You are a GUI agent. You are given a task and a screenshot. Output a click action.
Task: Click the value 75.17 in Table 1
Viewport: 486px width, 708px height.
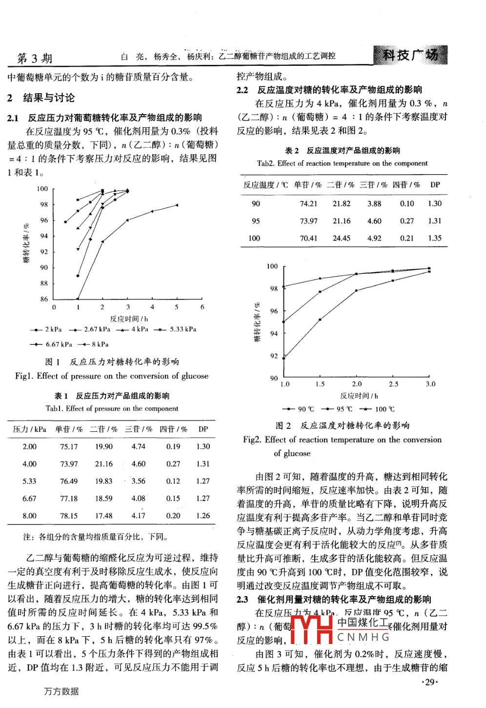tap(69, 446)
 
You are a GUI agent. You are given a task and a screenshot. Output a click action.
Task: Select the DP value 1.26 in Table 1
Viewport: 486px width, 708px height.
tap(203, 515)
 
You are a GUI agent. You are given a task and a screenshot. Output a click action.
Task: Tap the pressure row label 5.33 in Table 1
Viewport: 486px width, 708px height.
tap(29, 481)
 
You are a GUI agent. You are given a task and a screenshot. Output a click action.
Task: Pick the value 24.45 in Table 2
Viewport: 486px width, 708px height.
tap(342, 238)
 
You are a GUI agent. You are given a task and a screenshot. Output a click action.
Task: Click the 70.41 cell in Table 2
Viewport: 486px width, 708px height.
tap(308, 238)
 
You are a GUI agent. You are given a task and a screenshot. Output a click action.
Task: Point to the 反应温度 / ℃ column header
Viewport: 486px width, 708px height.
tap(265, 185)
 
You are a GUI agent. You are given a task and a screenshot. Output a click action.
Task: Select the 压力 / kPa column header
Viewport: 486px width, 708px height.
tap(29, 429)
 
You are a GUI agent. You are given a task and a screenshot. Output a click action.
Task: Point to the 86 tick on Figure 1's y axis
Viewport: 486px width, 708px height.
tap(44, 299)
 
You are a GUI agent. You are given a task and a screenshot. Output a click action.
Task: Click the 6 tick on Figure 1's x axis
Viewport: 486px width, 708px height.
tap(202, 307)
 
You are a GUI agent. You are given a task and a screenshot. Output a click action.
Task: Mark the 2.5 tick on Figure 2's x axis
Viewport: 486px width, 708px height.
tap(393, 384)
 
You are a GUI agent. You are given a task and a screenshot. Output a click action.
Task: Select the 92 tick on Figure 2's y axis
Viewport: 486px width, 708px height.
tap(274, 356)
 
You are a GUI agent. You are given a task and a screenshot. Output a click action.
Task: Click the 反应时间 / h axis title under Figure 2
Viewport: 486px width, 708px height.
tap(359, 396)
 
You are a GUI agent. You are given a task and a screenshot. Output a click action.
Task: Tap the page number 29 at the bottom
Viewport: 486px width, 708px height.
tap(429, 682)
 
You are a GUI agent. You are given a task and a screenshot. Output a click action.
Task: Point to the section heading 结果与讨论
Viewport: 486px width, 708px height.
tap(49, 98)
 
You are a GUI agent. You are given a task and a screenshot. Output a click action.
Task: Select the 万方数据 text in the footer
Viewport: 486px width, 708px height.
tap(61, 691)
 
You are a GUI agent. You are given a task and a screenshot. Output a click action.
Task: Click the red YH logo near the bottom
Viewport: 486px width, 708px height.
tap(311, 629)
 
